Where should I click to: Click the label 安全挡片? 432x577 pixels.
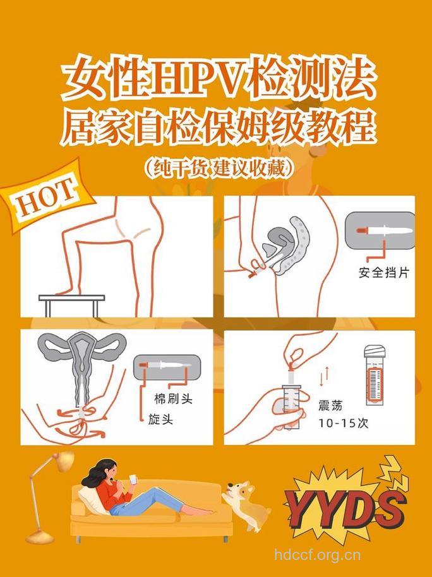click(x=384, y=273)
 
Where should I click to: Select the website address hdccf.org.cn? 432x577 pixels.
click(x=318, y=556)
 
